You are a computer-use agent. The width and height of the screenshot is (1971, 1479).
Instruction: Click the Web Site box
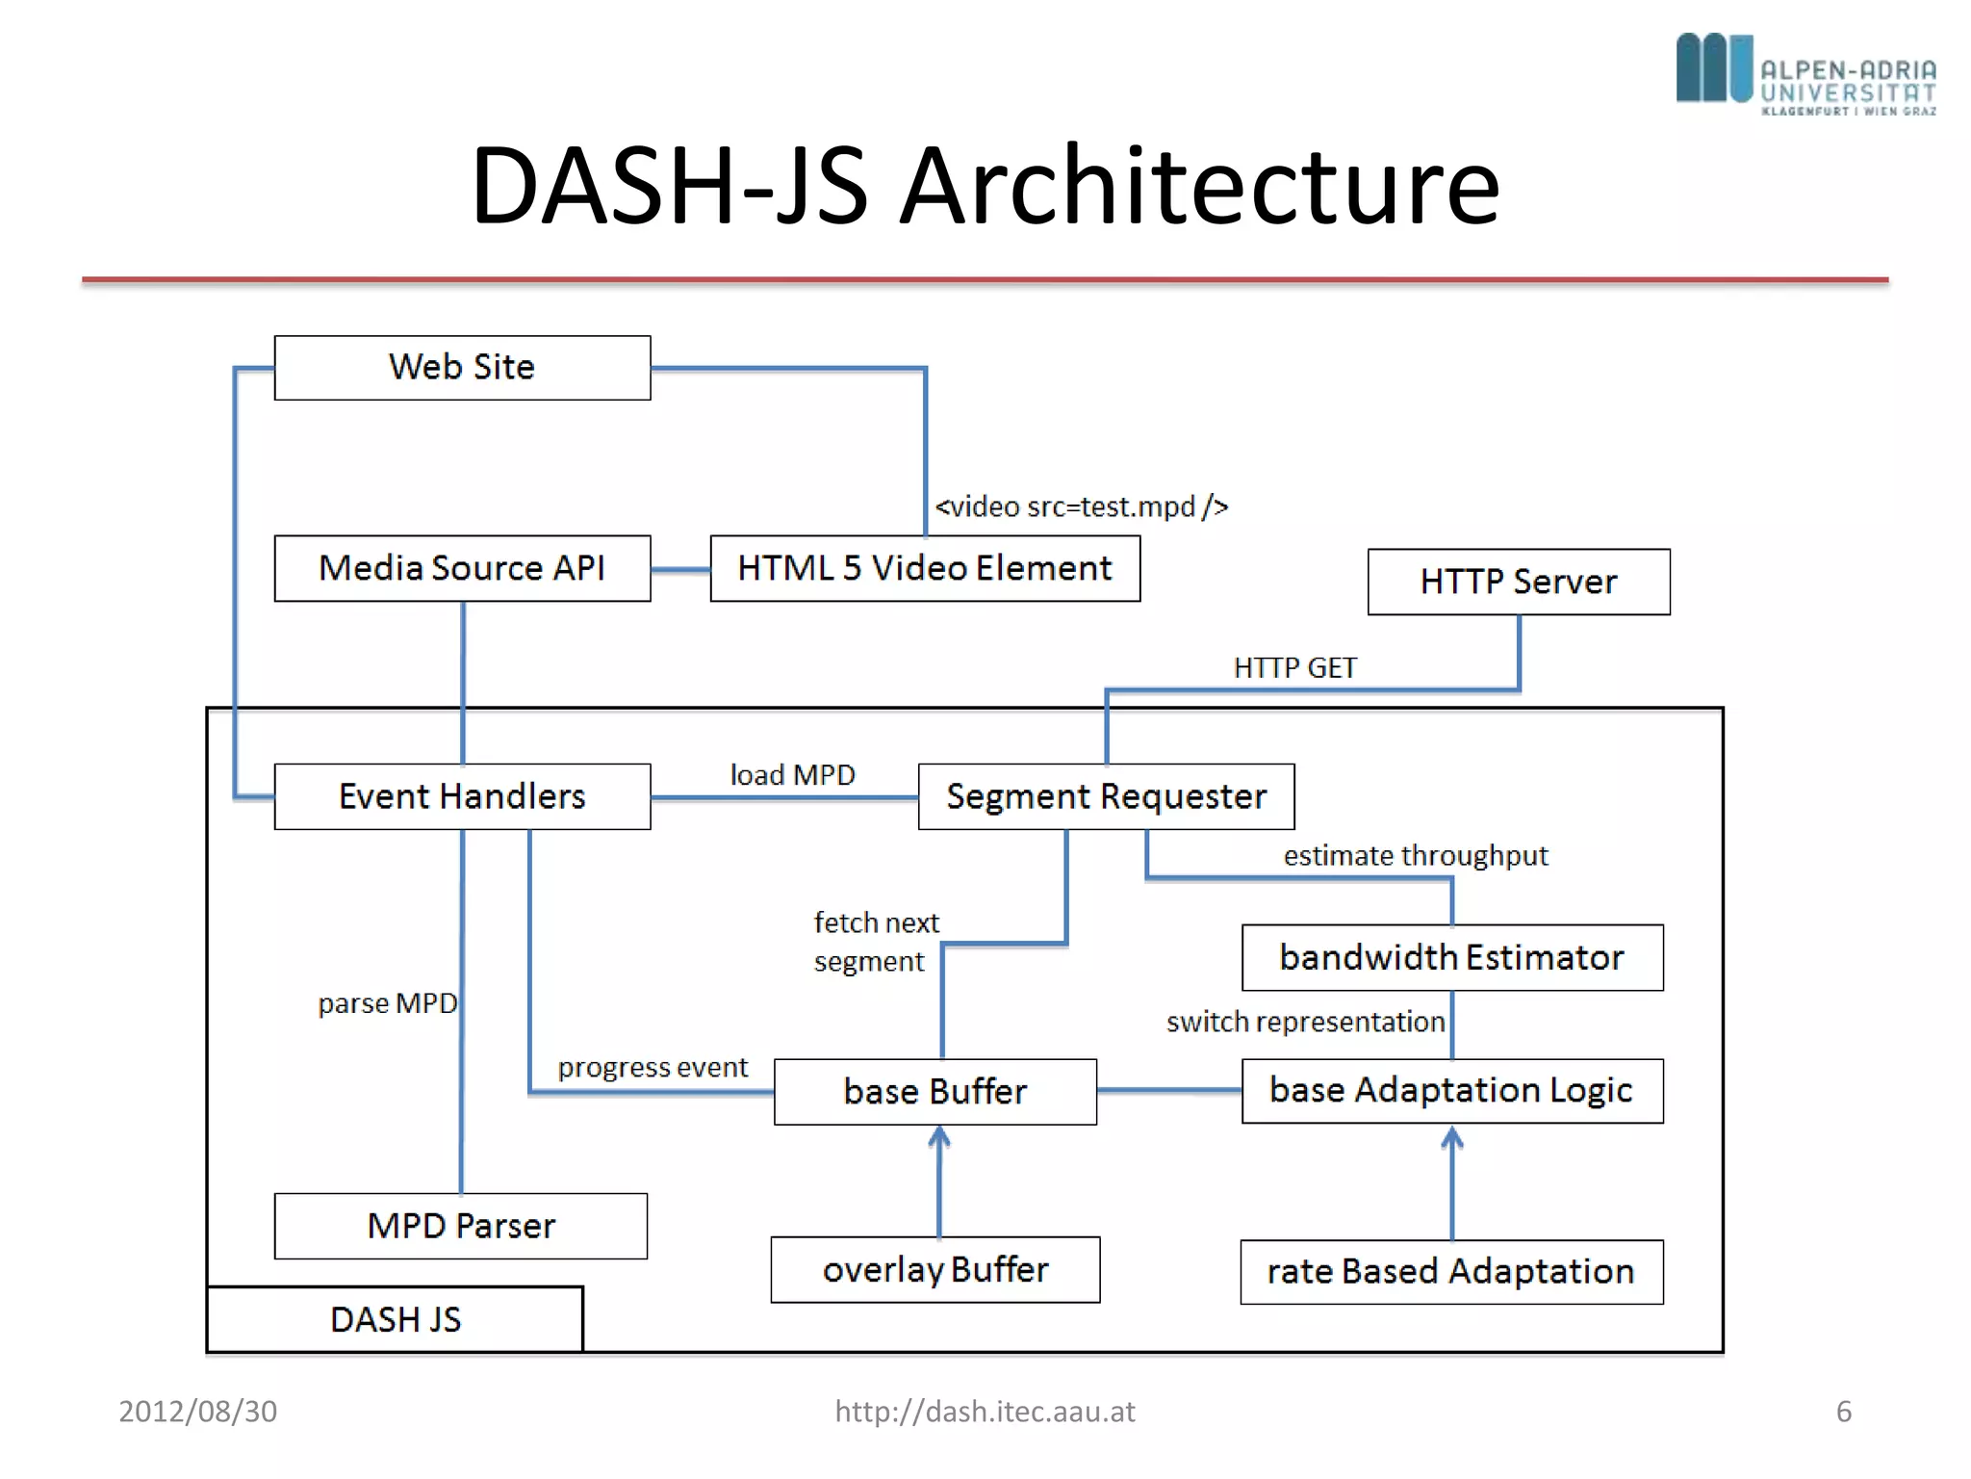click(462, 368)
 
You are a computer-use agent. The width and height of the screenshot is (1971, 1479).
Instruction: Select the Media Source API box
click(462, 568)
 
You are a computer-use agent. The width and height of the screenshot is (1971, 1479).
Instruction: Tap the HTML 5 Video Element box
click(925, 568)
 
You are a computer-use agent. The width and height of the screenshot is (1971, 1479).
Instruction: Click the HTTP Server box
click(1519, 582)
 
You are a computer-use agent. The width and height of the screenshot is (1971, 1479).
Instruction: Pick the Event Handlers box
click(462, 796)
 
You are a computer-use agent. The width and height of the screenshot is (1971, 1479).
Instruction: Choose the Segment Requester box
click(1106, 796)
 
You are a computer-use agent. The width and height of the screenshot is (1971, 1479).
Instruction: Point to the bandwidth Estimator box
click(1451, 957)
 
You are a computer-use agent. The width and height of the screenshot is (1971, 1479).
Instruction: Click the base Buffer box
click(934, 1091)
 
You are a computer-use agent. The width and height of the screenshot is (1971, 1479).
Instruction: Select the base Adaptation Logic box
click(1451, 1090)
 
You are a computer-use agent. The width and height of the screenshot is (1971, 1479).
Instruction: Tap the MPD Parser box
click(461, 1226)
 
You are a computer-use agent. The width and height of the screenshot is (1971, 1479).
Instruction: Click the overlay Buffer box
click(934, 1269)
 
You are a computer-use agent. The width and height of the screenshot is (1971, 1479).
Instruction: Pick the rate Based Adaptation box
click(1451, 1271)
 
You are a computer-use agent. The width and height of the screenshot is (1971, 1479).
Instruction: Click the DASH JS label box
click(395, 1319)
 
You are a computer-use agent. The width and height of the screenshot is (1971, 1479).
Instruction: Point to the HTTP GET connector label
click(1294, 667)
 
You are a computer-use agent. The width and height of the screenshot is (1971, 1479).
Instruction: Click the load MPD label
click(792, 774)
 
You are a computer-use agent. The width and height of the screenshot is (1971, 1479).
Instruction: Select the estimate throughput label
click(1416, 855)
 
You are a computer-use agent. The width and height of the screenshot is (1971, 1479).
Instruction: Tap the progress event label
click(653, 1067)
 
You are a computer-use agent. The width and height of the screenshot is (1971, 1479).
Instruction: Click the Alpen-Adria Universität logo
click(1805, 73)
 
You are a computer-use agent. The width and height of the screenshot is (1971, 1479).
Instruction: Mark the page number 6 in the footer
click(1843, 1411)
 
